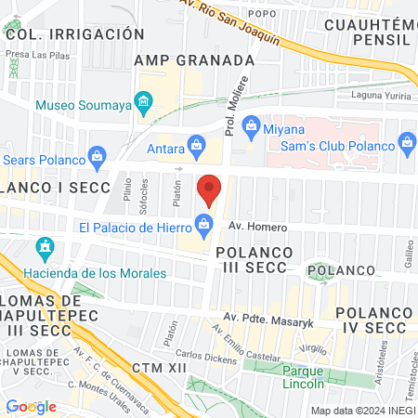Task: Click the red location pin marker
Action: (x=209, y=189)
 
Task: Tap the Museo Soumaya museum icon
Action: (x=143, y=100)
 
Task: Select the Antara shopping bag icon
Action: (x=196, y=144)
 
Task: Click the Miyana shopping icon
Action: (x=247, y=129)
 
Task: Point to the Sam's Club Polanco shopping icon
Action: (x=406, y=141)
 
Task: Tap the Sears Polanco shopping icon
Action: (x=95, y=154)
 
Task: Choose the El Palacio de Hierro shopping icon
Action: (x=202, y=222)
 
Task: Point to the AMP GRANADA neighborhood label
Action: (x=194, y=60)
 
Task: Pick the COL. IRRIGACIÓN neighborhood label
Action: (x=74, y=33)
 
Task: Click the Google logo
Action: (x=32, y=406)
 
